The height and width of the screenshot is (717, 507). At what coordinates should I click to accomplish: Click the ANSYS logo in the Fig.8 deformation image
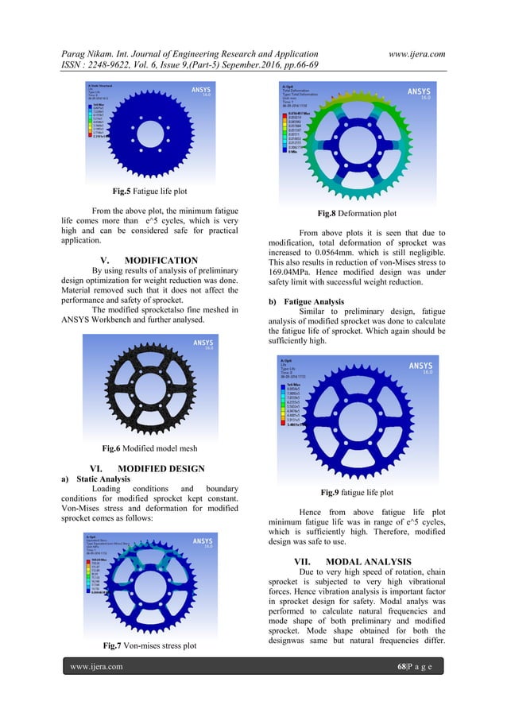pos(418,92)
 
